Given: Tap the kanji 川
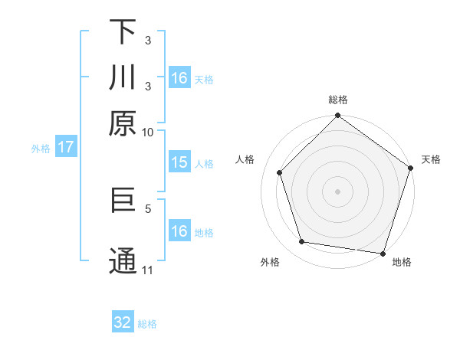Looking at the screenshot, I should (123, 79).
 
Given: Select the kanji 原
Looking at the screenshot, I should (123, 124).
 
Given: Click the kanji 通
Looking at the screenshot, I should (123, 260).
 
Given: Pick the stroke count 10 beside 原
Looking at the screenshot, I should (148, 132).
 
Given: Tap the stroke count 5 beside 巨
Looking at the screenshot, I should (148, 207).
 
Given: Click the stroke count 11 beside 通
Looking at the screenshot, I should (148, 270).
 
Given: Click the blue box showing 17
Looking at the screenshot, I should (65, 148).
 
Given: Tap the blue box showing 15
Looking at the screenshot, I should (179, 162).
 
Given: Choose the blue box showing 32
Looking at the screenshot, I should (123, 322).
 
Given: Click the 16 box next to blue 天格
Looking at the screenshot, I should (179, 78).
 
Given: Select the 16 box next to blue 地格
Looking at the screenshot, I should (179, 231).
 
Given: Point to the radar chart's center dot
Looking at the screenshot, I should (337, 191).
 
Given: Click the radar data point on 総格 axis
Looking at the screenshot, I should (337, 116).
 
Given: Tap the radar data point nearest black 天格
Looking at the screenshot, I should (410, 168).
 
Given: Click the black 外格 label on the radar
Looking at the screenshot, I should (270, 262).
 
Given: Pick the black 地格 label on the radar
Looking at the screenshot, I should (402, 262).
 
